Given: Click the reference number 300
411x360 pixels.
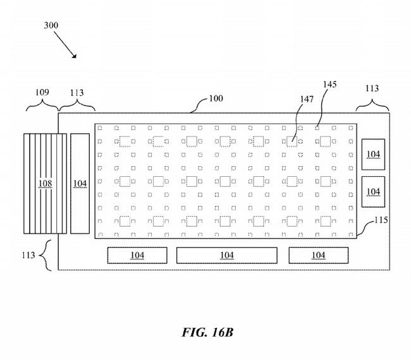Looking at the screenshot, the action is (x=51, y=25).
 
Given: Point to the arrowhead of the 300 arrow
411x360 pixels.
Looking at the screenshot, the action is (x=75, y=56).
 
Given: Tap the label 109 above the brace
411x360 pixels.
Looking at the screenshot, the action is (x=42, y=92).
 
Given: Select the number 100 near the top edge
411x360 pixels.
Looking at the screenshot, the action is (x=216, y=99).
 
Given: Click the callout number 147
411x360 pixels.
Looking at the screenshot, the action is (x=307, y=99).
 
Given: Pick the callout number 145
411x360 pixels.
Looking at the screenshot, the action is (x=329, y=85).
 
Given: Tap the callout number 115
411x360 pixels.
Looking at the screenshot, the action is (x=381, y=220).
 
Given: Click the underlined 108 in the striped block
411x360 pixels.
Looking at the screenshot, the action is (x=45, y=184).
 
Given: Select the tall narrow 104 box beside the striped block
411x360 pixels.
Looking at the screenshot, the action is (x=80, y=184).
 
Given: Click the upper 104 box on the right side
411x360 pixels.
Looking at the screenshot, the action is (x=373, y=155).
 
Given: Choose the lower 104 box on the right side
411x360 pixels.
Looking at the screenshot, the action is (x=373, y=191).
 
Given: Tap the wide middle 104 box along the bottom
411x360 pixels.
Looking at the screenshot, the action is (x=227, y=255).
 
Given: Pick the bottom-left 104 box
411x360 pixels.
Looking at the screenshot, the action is (x=137, y=255).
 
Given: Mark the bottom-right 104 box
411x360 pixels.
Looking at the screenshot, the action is (x=319, y=255).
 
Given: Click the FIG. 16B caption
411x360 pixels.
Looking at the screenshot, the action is (x=207, y=332).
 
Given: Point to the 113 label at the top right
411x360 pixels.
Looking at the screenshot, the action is (x=372, y=88).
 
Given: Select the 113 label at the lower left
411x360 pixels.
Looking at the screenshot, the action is (x=28, y=255).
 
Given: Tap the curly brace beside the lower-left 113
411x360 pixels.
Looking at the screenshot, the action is (x=46, y=255).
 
